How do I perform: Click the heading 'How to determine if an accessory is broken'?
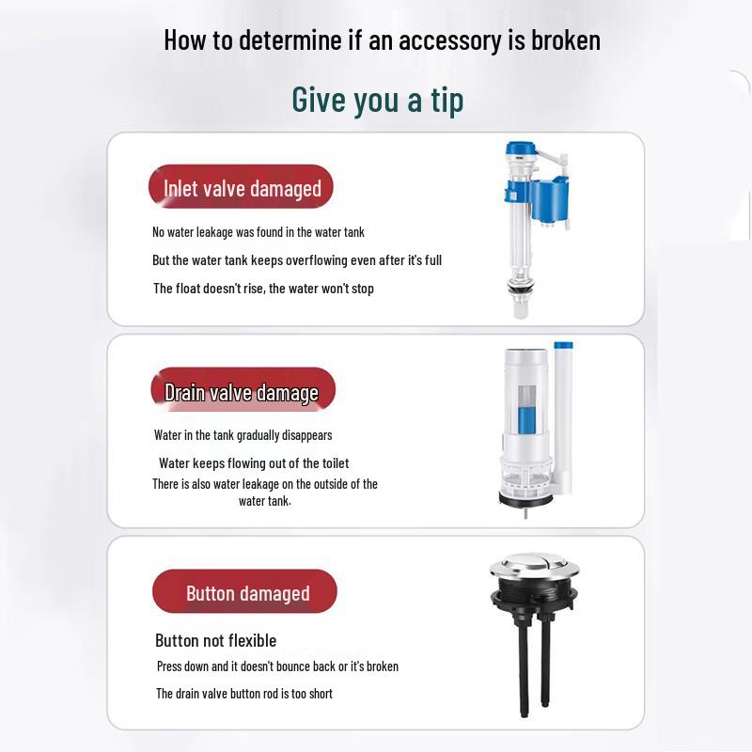point(382,40)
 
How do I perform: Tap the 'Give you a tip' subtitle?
point(377,99)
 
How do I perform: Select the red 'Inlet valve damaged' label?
point(242,188)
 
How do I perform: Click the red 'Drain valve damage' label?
point(242,392)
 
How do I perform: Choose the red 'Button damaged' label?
point(246,593)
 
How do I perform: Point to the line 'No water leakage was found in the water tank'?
point(258,232)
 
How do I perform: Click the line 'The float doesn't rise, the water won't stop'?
point(263,289)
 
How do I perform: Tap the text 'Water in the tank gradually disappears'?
point(243,435)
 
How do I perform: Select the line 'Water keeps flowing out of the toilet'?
point(253,463)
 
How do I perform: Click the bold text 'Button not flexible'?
point(215,641)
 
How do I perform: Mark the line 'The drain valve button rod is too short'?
point(243,694)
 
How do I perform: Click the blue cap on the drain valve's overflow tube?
point(564,347)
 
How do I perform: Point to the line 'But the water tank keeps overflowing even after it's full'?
point(296,260)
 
